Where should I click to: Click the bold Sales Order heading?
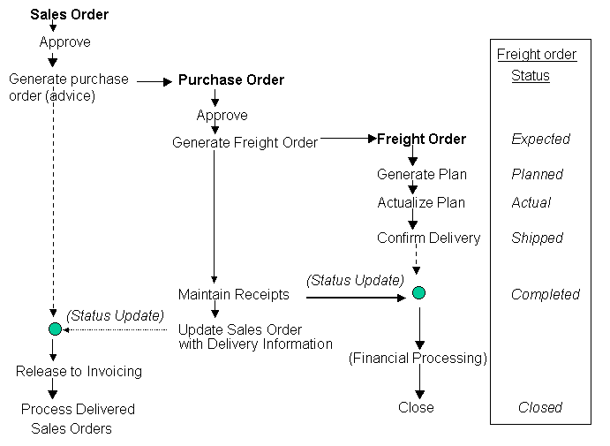69,15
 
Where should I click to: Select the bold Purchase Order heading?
231,80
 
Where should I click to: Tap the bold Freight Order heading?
421,139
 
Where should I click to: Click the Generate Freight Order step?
245,142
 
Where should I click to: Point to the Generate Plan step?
421,174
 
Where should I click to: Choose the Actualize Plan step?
420,202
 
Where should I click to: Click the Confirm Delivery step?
428,238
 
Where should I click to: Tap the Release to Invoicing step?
79,371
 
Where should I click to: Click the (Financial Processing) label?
418,358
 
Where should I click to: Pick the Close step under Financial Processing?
416,407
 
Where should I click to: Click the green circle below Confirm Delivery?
418,293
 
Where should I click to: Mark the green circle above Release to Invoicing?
55,329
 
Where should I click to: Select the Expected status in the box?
540,139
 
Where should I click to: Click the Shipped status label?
537,238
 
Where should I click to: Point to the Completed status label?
545,294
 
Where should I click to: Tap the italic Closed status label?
539,407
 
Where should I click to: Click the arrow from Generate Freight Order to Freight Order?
348,138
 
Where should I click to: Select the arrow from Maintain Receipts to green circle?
353,298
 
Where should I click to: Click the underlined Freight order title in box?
537,54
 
